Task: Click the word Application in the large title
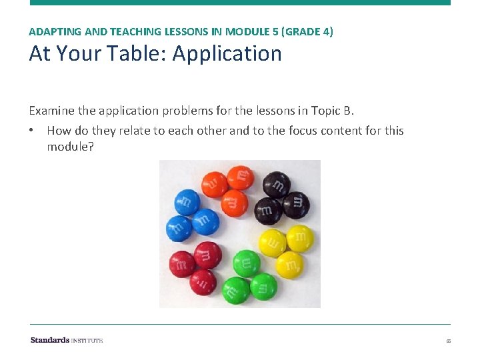point(227,54)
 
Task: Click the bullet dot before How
point(33,131)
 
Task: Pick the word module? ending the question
point(70,146)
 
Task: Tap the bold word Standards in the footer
point(50,340)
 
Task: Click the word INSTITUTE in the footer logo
point(87,340)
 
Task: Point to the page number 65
point(449,341)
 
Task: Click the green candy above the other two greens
point(247,263)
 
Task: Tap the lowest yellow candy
point(289,265)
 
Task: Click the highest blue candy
point(187,202)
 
